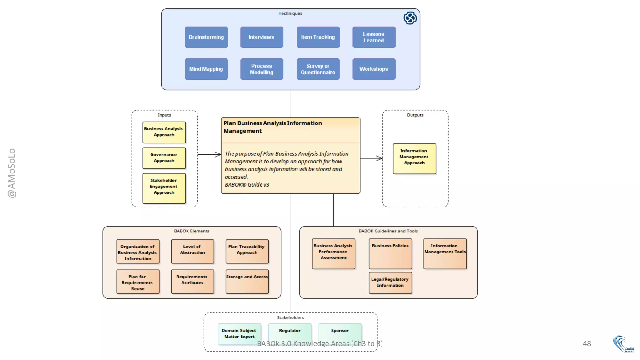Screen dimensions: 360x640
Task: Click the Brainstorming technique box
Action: (x=206, y=37)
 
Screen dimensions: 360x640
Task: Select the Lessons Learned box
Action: (x=374, y=37)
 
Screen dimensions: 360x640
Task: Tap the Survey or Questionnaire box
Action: (x=318, y=69)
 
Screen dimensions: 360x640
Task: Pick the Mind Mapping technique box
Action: (x=206, y=69)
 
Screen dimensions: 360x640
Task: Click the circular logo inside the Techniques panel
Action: (x=410, y=18)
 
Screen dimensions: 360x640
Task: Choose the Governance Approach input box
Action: (x=164, y=158)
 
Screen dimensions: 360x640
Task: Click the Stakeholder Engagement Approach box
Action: (x=164, y=188)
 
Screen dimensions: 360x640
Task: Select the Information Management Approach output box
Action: (x=414, y=158)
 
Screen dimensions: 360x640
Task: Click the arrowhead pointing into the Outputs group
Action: (x=380, y=158)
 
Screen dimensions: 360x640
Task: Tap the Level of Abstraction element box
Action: (x=192, y=251)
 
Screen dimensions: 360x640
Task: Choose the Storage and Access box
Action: (x=247, y=281)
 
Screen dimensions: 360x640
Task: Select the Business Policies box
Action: (x=390, y=253)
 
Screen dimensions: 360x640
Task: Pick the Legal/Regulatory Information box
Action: (x=390, y=282)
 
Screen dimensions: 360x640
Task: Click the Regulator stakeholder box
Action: (x=290, y=333)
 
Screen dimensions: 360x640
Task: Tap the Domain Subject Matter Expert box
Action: (x=239, y=334)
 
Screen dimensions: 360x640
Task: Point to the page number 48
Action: (x=587, y=343)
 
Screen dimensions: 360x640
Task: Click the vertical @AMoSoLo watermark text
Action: (x=12, y=173)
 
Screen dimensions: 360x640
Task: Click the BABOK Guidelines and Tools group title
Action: (x=388, y=231)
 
